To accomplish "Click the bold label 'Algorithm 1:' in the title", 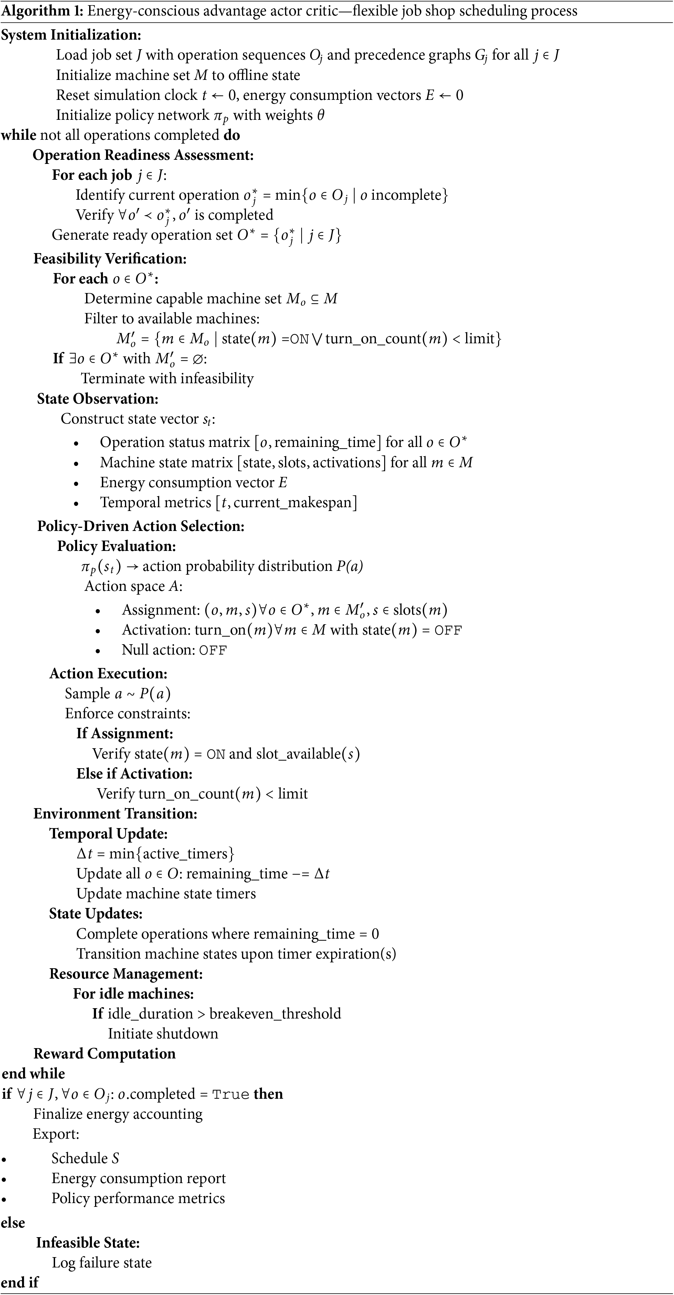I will click(x=42, y=11).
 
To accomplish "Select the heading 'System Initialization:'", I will click(x=71, y=35).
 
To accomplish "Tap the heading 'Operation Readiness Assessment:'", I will click(x=143, y=155).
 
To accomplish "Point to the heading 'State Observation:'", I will click(x=97, y=399).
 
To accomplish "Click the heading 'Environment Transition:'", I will click(x=115, y=813).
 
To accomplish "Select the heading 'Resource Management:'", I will click(x=126, y=974).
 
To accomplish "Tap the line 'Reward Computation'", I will click(x=105, y=1054).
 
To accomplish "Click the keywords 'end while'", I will click(x=33, y=1074).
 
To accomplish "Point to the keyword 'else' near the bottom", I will click(x=13, y=1223).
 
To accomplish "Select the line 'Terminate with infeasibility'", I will click(x=167, y=378).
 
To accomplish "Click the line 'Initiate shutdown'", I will click(x=163, y=1034).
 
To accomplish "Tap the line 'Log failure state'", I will click(x=102, y=1263).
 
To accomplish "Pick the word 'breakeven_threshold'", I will click(x=275, y=1013).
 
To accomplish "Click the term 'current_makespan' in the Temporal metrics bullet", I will click(x=293, y=503).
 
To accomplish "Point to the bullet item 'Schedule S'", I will click(x=85, y=1158).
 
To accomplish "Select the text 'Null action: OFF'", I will click(x=174, y=650).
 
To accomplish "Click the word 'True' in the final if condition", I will click(x=230, y=1094).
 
